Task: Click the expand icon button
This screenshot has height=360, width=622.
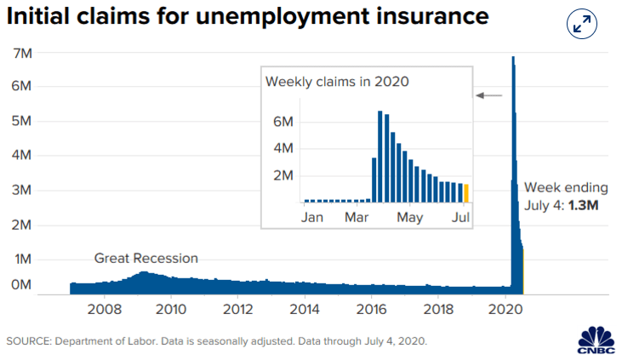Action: [x=581, y=24]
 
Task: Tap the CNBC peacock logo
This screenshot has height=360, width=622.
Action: [x=596, y=340]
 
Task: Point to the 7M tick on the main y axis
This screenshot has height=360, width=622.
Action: [x=22, y=53]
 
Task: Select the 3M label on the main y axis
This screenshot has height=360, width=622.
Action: [x=21, y=190]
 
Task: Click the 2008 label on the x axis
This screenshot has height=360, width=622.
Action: [x=105, y=309]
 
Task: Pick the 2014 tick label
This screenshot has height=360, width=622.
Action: [x=305, y=309]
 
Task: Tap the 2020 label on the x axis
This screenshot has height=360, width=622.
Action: [x=505, y=309]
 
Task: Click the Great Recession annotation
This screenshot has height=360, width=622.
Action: [x=146, y=259]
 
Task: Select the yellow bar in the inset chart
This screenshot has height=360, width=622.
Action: [x=466, y=193]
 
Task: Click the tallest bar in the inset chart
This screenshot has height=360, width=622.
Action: [x=380, y=157]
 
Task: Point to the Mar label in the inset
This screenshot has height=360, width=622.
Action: [x=357, y=217]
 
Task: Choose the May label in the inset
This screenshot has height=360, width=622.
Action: [x=410, y=218]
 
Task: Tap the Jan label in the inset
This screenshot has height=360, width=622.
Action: [x=312, y=217]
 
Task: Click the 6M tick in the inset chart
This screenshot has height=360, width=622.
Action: [x=282, y=122]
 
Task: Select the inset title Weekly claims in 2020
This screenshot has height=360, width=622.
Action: [x=337, y=82]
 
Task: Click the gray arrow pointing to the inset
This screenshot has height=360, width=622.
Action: [x=489, y=95]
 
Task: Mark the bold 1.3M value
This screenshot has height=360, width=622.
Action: [x=583, y=205]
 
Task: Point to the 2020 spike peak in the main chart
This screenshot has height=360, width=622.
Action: [x=513, y=57]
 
